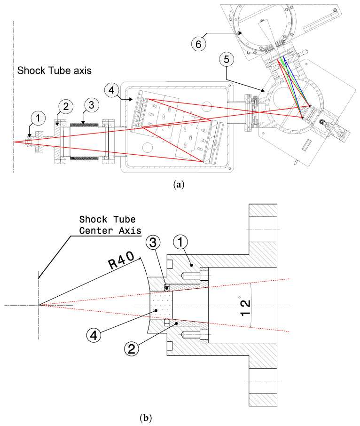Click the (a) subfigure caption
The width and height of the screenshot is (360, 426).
tap(180, 185)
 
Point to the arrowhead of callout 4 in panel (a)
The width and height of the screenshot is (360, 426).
tap(135, 99)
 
